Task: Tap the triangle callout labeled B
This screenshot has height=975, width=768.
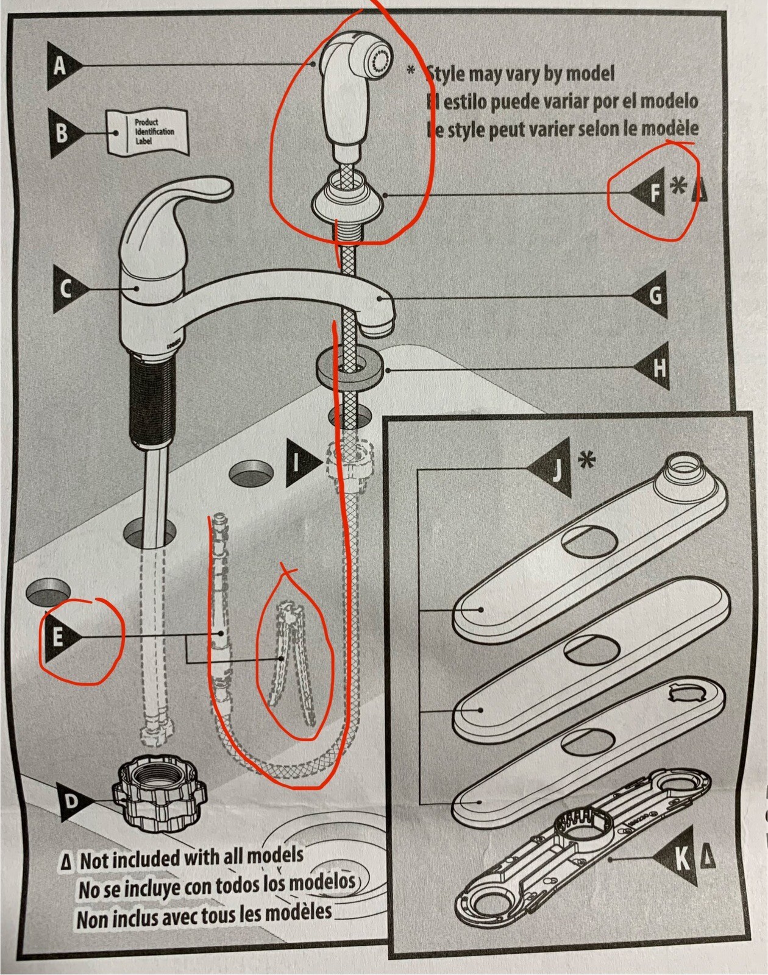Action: coord(63,133)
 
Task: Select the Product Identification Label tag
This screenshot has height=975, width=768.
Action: coord(147,132)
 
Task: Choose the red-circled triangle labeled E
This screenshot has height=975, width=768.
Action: coord(60,637)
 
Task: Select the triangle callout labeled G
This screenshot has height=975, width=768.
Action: coord(653,296)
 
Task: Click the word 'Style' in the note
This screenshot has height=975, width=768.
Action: coord(449,74)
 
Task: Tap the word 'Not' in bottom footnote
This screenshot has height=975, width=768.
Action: coord(94,861)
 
